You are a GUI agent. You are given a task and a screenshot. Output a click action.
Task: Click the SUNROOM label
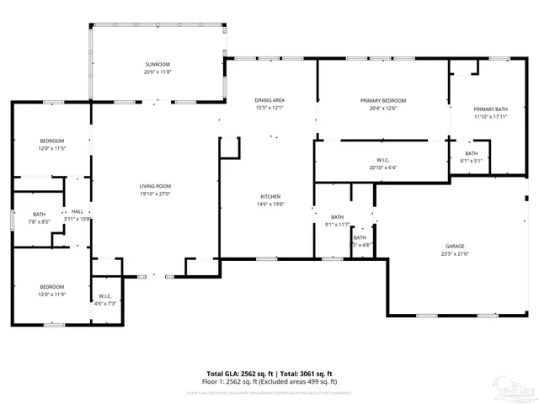pos(156,65)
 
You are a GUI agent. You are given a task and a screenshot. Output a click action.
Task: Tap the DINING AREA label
pos(269,100)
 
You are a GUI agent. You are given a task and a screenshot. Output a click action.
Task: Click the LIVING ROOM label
pos(155,186)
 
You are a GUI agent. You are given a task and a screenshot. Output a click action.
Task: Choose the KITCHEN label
pos(269,196)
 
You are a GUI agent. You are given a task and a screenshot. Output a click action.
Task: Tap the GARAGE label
pos(455,247)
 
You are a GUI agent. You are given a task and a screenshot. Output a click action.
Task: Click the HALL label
pos(77,211)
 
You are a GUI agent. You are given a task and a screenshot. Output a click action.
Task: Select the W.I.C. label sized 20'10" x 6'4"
pos(382,160)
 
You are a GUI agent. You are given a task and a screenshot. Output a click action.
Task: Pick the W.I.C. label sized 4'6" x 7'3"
pos(105,295)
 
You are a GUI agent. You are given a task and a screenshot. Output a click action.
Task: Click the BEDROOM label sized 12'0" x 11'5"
pos(51,141)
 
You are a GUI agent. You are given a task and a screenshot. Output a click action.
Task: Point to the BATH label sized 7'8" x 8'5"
pos(39,215)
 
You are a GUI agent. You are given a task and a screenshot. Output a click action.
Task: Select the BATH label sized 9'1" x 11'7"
pos(337,217)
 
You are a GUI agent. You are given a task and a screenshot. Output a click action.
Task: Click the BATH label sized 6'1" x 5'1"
pos(470,153)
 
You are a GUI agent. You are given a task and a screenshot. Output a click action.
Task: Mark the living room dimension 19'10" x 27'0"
pos(155,194)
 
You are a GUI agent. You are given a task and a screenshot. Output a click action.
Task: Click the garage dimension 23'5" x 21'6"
pos(455,254)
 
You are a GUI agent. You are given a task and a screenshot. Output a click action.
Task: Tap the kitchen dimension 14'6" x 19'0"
pos(269,204)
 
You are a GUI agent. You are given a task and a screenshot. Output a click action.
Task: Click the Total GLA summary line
pos(269,373)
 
